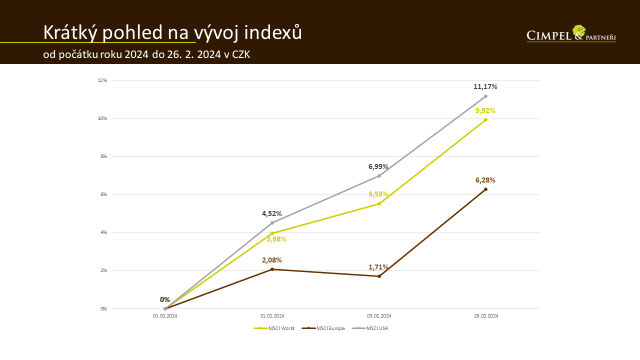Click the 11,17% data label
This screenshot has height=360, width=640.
point(485,87)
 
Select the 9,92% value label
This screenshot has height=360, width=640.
point(485,110)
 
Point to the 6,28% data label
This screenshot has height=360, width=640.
point(485,180)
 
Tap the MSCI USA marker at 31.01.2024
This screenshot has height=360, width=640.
point(272,223)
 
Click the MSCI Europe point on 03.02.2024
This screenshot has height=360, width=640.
point(379,276)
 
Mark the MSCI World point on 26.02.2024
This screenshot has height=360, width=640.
point(485,120)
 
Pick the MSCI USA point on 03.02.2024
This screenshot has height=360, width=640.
point(379,175)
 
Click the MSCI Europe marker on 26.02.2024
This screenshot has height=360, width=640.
point(485,189)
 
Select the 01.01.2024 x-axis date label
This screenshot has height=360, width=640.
point(165,316)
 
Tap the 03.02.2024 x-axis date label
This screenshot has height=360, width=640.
point(379,316)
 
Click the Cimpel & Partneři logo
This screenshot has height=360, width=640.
point(571,34)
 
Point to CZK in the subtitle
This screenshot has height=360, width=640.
point(241,54)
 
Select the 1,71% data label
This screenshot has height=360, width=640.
point(378,267)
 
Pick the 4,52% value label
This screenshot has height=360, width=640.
point(272,213)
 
